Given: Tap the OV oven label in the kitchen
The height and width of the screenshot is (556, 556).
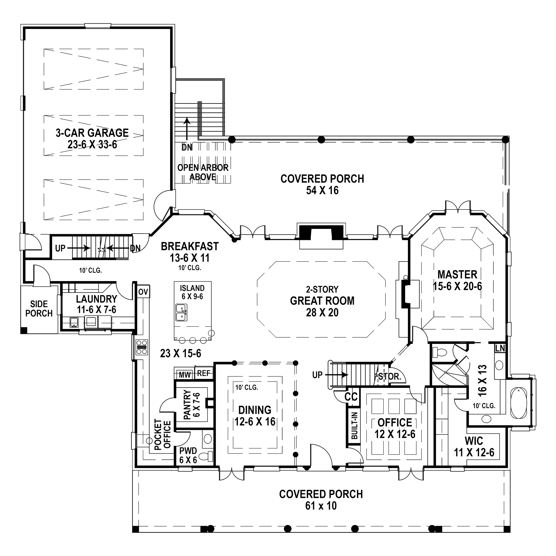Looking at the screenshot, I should pyautogui.click(x=143, y=292).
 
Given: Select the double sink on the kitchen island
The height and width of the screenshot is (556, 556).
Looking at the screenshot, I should pyautogui.click(x=181, y=312).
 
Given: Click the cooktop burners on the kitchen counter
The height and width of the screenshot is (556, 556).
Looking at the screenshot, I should pyautogui.click(x=142, y=347).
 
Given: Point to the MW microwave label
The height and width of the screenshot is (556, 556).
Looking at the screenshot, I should pyautogui.click(x=185, y=375).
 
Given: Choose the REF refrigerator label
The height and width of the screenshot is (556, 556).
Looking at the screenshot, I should pyautogui.click(x=203, y=373).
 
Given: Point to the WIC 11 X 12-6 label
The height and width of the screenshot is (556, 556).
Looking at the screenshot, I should pyautogui.click(x=474, y=446).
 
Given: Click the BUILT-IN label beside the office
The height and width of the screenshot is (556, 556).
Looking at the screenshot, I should pyautogui.click(x=355, y=426).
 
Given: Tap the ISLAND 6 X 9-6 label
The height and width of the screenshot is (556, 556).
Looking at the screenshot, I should pyautogui.click(x=192, y=292).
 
